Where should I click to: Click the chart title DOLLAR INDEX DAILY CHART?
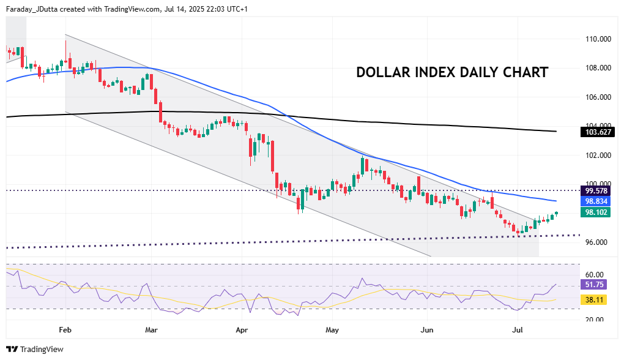[x=452, y=72]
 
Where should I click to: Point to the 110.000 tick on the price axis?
[x=598, y=39]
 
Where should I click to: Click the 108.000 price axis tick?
[x=598, y=68]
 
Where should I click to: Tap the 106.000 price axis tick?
[x=598, y=97]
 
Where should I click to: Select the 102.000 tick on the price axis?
[x=598, y=156]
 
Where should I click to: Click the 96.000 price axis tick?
[x=596, y=242]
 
